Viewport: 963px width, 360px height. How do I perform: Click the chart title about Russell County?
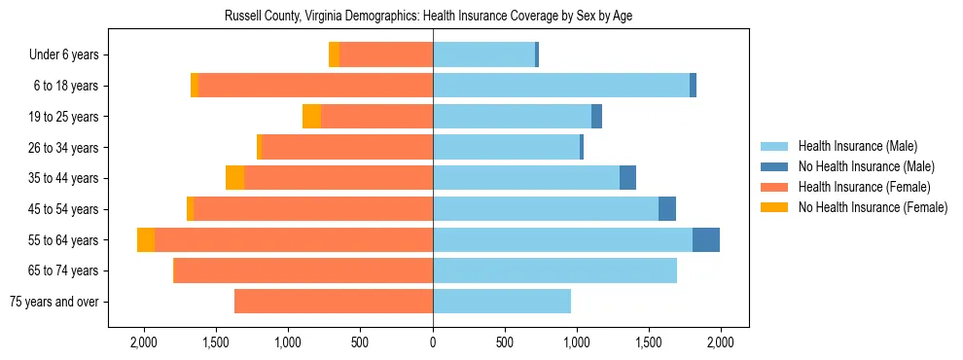(x=429, y=17)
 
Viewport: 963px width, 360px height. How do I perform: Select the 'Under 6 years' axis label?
(x=69, y=55)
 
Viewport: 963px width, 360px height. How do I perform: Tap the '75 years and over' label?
(x=53, y=302)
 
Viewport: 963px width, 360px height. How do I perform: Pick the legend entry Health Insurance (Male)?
(x=857, y=146)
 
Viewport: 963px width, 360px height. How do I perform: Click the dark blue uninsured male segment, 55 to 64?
(x=706, y=239)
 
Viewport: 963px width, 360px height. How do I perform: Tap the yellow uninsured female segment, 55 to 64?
(x=146, y=239)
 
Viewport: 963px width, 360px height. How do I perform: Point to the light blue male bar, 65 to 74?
(x=554, y=270)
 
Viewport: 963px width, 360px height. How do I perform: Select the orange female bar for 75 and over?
(x=334, y=302)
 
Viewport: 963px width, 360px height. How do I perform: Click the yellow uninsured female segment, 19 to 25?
(x=311, y=117)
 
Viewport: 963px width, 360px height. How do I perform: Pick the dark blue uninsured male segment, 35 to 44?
(x=627, y=178)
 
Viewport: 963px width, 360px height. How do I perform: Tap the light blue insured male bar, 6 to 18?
(x=561, y=86)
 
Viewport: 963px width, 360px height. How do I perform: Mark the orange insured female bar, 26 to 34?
(x=347, y=147)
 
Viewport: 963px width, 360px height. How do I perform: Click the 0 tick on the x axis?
(x=433, y=342)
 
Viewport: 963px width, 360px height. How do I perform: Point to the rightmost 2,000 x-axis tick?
(x=720, y=342)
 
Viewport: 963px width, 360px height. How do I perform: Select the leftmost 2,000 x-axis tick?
(x=144, y=342)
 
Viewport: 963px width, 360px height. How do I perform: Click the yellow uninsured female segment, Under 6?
(x=335, y=55)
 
